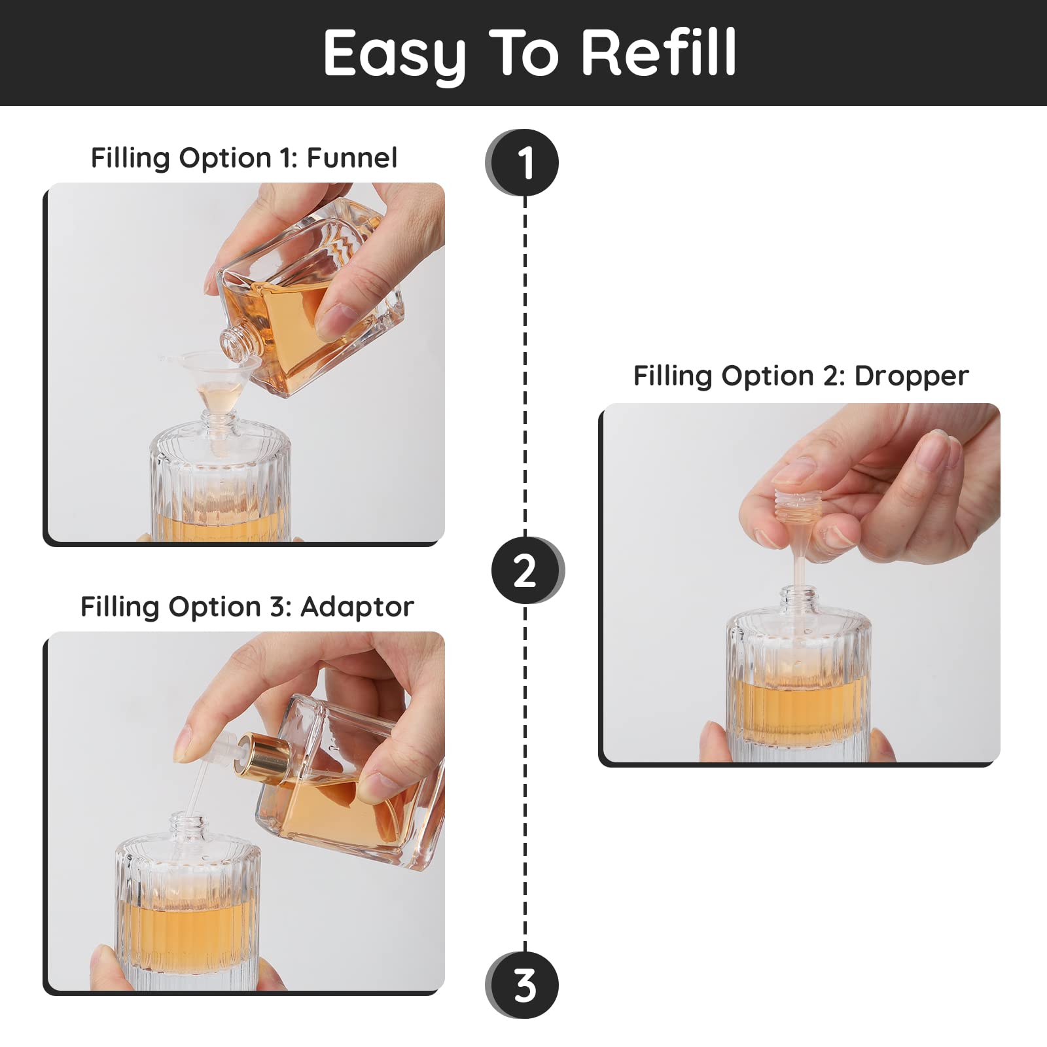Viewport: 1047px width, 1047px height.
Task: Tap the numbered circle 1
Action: click(522, 163)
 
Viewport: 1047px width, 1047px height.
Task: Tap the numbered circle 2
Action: click(527, 570)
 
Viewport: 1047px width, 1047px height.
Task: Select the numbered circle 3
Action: click(522, 985)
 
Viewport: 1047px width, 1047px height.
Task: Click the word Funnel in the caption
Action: click(352, 158)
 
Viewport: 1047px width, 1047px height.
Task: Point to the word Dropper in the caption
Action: click(912, 376)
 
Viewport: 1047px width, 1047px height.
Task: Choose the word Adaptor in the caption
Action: click(357, 607)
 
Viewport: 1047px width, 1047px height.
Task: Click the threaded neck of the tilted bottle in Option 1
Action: click(234, 344)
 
